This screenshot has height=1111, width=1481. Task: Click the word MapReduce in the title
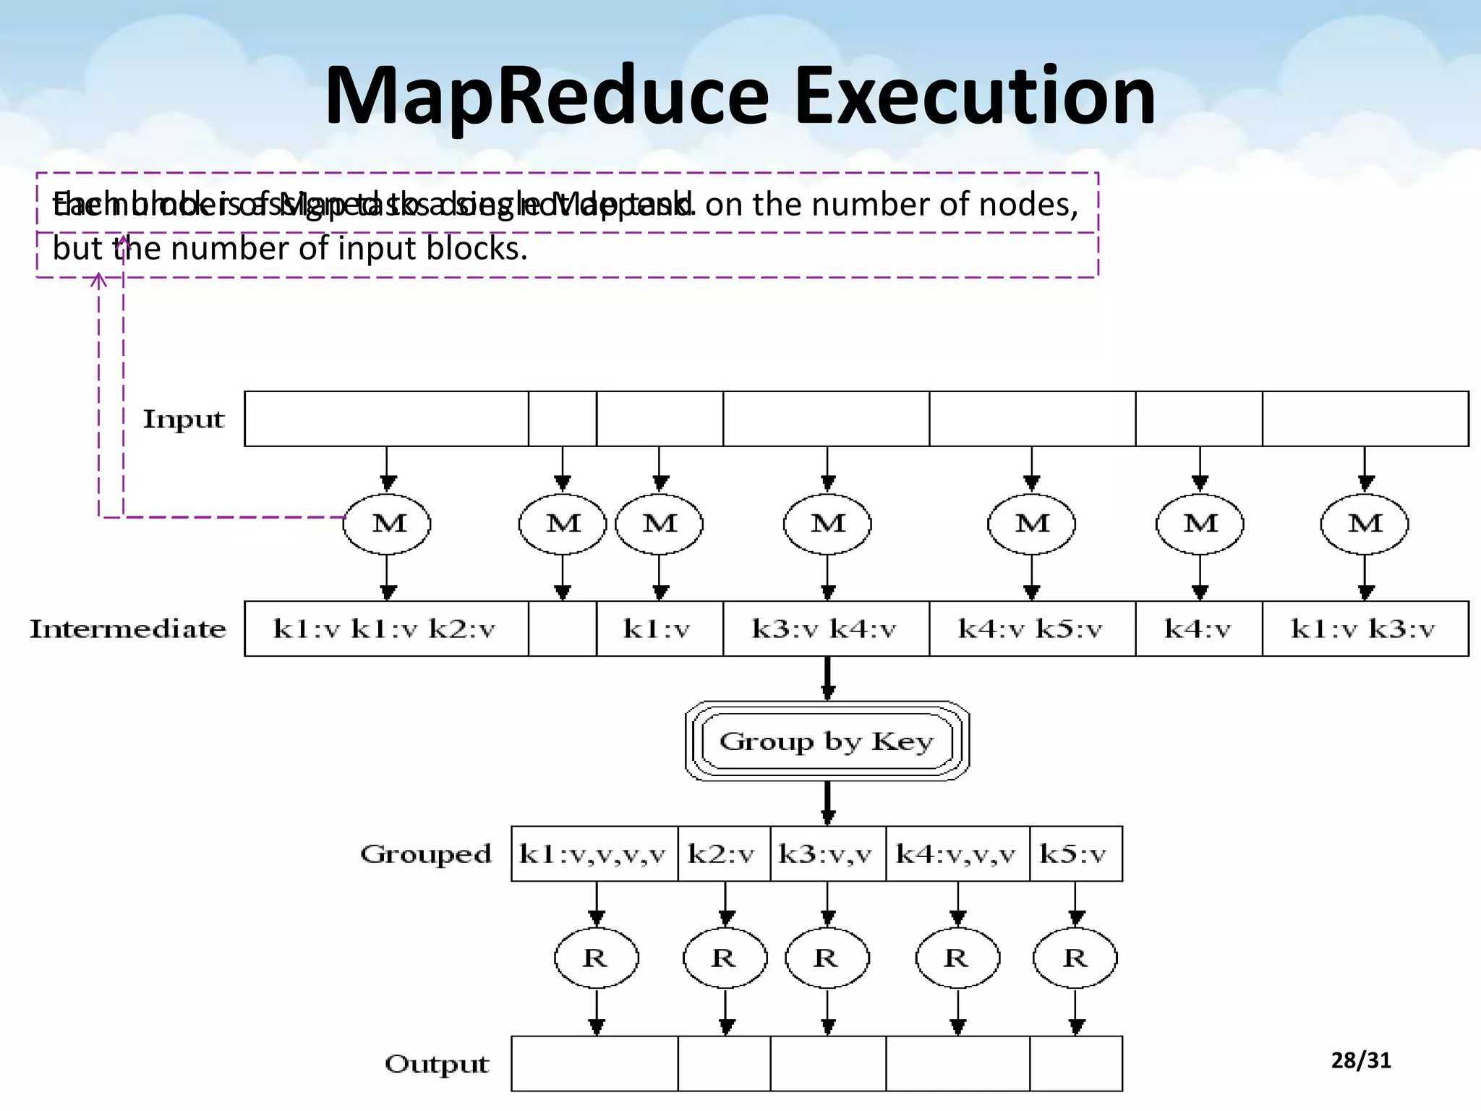tap(546, 95)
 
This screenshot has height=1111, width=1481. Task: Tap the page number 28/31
tap(1360, 1060)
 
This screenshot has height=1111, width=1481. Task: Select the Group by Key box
tap(827, 741)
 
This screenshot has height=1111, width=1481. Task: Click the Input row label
tap(184, 419)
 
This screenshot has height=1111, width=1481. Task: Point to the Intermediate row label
tap(128, 629)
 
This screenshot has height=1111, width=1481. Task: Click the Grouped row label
tap(426, 854)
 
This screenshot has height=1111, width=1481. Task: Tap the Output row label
tap(437, 1063)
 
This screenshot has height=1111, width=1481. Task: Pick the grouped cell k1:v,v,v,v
tap(593, 854)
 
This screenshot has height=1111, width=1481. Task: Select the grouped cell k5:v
tap(1075, 854)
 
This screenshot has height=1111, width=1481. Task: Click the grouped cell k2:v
tap(722, 854)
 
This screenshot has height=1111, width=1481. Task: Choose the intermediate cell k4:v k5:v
tap(1031, 629)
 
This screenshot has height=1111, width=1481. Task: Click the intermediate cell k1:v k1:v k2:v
tap(385, 629)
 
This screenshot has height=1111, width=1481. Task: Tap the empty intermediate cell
tap(562, 629)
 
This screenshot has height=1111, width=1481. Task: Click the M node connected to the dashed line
tap(388, 524)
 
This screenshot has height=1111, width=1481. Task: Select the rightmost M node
tap(1364, 524)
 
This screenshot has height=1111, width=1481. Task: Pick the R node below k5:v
tap(1075, 958)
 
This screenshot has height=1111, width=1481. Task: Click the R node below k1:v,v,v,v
tap(596, 958)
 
